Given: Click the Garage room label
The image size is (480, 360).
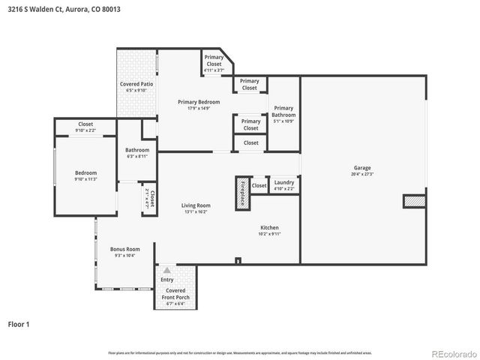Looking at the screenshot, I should point(362,168).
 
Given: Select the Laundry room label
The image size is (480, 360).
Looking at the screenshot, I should point(284,182).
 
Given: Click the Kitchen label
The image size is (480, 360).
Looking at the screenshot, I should point(269,227).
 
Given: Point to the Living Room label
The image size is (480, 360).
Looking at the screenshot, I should point(196,205).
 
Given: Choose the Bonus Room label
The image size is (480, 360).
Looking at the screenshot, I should point(124,249).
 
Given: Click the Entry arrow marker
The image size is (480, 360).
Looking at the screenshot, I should point(166,270).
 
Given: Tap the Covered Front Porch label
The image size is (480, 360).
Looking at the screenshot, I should point(177,294).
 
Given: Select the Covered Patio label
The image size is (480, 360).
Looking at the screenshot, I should point(136,84).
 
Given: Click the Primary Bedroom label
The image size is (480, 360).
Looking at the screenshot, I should point(199,102).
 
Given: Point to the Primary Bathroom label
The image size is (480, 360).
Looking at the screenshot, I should point(283,111).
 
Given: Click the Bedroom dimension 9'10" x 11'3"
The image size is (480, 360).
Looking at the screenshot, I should point(85,178).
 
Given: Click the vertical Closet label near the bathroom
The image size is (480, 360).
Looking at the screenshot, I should point(150,199).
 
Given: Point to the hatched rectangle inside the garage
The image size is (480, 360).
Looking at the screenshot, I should point(413,200).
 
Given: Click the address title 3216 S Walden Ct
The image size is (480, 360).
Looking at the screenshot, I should point(64,9).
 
